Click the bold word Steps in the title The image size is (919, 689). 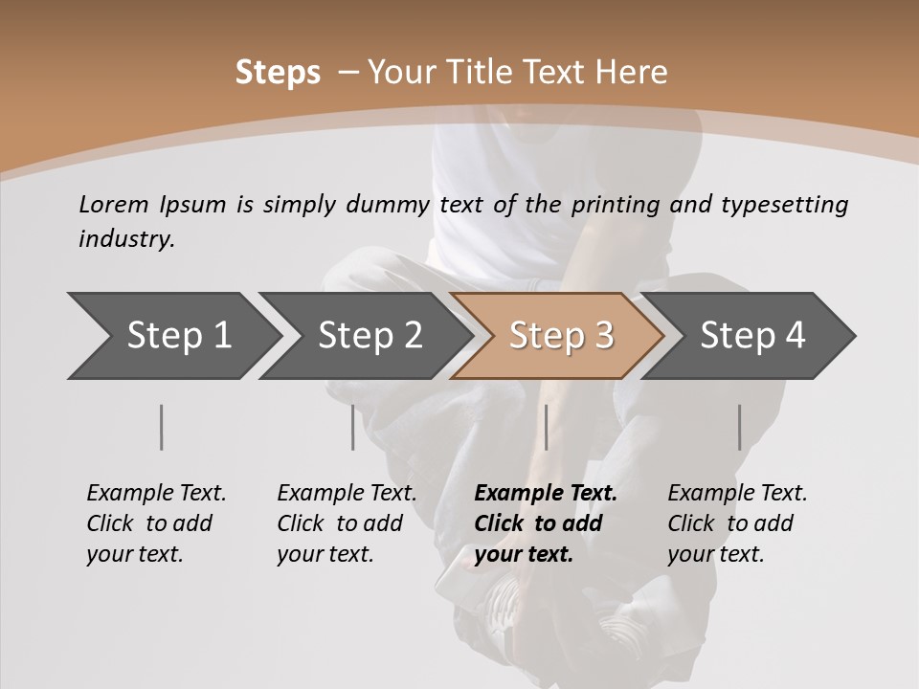(x=278, y=73)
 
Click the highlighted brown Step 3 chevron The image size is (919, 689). (x=561, y=335)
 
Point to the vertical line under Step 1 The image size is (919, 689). (x=161, y=427)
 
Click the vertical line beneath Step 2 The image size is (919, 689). (x=352, y=427)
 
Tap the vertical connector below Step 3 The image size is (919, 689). (x=546, y=427)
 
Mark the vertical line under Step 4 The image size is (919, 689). (x=739, y=427)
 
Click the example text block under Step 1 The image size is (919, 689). (x=156, y=523)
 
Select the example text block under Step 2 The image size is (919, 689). (x=347, y=523)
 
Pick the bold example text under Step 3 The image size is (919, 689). (x=546, y=523)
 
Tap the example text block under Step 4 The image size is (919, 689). (x=737, y=523)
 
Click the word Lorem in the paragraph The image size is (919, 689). (x=114, y=204)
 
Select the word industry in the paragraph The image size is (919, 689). (x=125, y=238)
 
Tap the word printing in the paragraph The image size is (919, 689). (x=616, y=204)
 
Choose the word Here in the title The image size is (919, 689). (x=631, y=73)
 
